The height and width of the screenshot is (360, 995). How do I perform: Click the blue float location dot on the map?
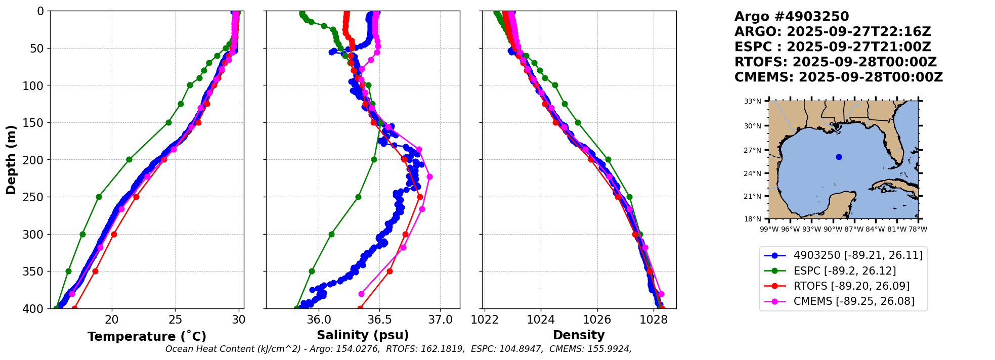[x=839, y=157]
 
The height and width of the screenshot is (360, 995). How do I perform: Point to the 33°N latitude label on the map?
[x=752, y=101]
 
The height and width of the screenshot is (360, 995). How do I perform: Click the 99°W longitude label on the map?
[x=769, y=229]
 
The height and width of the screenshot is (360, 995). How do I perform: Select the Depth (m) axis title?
[x=11, y=160]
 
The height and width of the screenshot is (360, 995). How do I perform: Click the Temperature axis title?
[x=147, y=336]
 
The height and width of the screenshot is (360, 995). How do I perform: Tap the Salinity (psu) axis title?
[x=363, y=335]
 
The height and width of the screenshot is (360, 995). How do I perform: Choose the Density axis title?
[x=579, y=335]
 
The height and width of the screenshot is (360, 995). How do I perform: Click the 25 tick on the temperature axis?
[x=176, y=320]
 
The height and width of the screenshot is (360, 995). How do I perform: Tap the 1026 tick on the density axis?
[x=597, y=320]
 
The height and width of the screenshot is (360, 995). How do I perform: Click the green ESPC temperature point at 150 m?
[x=168, y=122]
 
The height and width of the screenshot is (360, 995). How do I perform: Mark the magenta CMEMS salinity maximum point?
[x=429, y=176]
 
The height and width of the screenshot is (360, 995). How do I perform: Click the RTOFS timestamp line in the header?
[x=836, y=62]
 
